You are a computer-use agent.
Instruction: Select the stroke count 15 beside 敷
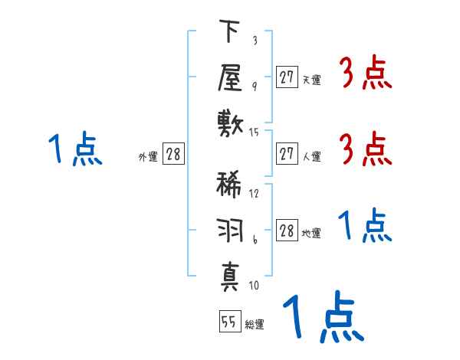tap(255, 133)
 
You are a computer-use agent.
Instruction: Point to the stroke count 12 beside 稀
tap(255, 193)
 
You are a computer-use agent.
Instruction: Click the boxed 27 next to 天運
tap(287, 77)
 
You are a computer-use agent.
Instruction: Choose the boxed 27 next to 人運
tap(287, 154)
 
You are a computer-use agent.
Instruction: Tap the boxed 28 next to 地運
tap(287, 231)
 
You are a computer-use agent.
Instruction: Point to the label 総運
tap(255, 325)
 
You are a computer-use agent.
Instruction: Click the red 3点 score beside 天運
tap(365, 74)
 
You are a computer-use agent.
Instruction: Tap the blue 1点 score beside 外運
tap(74, 149)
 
